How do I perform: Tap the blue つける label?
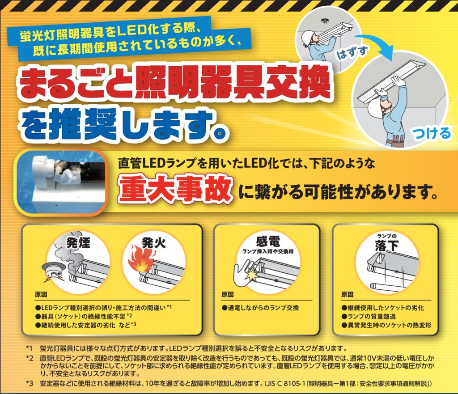pos(432,134)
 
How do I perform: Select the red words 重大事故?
pos(175,190)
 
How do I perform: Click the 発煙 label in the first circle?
pos(78,243)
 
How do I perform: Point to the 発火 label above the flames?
pos(154,243)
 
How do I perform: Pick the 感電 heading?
pos(268,241)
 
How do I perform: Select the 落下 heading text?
pos(386,246)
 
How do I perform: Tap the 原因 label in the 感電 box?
pos(228,295)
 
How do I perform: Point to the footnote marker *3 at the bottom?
pos(30,383)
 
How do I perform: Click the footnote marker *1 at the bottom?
pos(29,348)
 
